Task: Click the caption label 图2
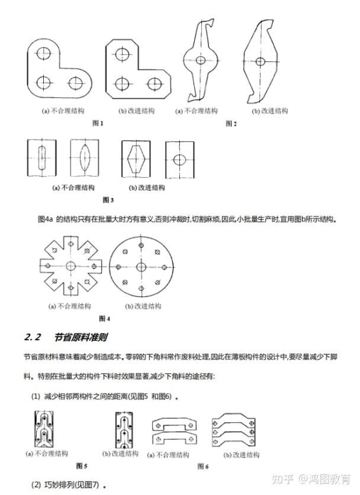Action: [x=231, y=122]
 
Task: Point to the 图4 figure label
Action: [x=104, y=318]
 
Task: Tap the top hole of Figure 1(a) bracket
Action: [x=44, y=53]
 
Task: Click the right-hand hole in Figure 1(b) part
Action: [x=154, y=84]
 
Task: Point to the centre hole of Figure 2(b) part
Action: [x=260, y=62]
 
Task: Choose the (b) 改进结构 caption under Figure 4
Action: [x=139, y=306]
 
